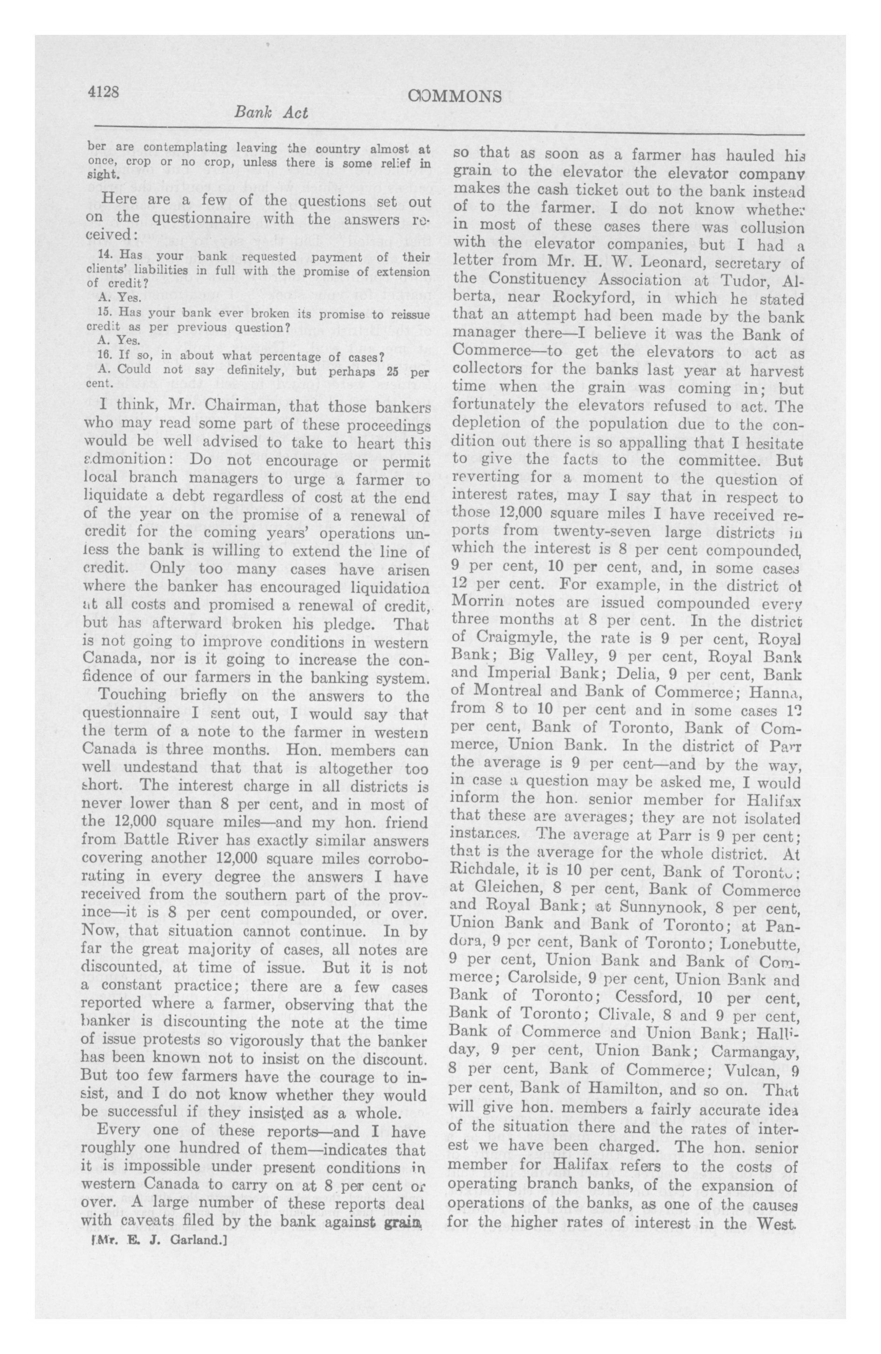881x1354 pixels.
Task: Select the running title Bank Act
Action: coord(271,113)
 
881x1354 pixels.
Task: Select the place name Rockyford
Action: coord(594,298)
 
